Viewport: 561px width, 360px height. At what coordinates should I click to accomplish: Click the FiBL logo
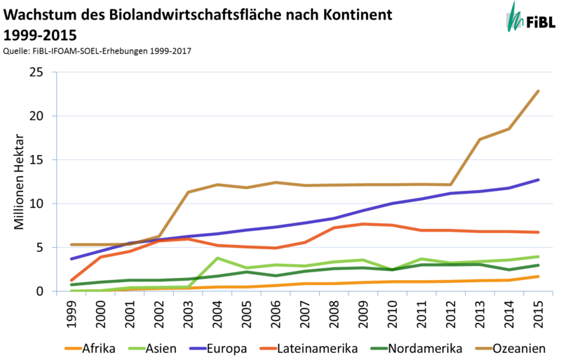530,18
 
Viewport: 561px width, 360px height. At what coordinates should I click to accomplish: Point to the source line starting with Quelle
97,51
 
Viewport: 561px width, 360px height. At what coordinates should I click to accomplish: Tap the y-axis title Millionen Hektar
19,182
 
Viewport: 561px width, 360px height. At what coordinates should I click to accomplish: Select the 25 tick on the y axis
36,72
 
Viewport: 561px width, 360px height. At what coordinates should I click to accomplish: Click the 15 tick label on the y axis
36,160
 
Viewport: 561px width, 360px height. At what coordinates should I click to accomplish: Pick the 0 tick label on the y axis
39,291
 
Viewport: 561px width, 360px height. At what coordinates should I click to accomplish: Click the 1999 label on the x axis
72,314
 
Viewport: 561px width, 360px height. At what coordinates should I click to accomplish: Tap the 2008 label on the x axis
334,314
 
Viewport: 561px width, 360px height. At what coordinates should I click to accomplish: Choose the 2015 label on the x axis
538,314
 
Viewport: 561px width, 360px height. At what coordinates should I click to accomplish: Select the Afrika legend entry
90,348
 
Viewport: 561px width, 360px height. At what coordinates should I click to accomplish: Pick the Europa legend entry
218,348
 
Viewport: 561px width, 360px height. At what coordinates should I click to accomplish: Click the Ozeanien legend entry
511,348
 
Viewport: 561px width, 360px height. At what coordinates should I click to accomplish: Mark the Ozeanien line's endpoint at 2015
538,91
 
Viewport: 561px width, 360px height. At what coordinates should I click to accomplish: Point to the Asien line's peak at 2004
217,258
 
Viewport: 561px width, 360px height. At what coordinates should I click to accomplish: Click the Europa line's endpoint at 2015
538,180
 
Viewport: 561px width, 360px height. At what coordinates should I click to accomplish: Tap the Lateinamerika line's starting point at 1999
72,280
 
